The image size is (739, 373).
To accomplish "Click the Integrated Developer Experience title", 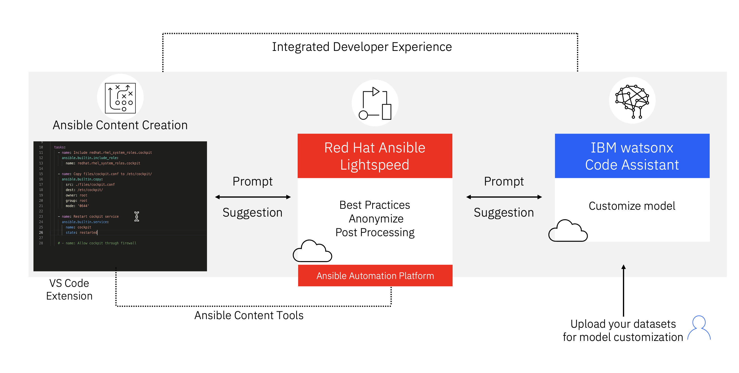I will click(x=362, y=47).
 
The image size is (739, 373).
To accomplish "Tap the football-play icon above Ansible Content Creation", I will click(x=120, y=98).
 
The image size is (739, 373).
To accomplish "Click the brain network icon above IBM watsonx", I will click(x=632, y=101).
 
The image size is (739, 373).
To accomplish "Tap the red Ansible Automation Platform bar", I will click(x=375, y=276).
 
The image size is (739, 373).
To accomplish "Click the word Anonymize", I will click(x=376, y=219).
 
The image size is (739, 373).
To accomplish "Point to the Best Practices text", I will click(x=374, y=205).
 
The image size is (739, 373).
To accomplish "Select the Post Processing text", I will click(x=375, y=232).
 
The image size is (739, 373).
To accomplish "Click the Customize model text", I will click(x=632, y=206).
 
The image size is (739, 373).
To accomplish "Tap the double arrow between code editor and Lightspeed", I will click(x=253, y=197).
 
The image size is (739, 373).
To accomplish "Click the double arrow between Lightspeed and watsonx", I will click(x=504, y=197).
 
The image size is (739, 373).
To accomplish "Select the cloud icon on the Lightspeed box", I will click(x=312, y=251).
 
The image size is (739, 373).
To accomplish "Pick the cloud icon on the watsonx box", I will click(x=568, y=231).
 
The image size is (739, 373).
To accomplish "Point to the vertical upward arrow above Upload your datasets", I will click(x=623, y=290).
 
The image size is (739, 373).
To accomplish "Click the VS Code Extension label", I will click(x=69, y=289).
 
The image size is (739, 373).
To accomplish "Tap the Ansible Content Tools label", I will click(x=249, y=315).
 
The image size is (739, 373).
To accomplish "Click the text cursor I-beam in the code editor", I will click(x=137, y=216).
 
